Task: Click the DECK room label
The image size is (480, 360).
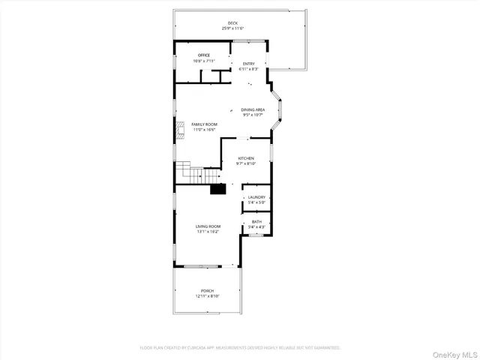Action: point(232,23)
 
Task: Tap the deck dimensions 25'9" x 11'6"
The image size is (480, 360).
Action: point(232,28)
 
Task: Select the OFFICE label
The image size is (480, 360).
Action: point(203,55)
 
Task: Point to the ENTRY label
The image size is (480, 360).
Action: point(248,64)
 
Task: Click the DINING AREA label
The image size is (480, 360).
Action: point(253,109)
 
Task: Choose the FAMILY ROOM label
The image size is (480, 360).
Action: point(204,124)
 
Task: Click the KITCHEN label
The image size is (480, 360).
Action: point(246,158)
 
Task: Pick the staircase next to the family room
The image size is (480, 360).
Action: point(190,176)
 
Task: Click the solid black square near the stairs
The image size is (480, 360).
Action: point(217,189)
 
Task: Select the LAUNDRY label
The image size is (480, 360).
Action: point(256,197)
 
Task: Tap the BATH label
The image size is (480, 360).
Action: point(256,221)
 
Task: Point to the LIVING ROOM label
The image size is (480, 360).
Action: point(208,226)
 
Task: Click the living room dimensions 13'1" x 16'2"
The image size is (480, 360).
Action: point(208,232)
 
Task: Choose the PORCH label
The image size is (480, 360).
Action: point(207,290)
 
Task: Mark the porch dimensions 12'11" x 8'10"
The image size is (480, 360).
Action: point(207,295)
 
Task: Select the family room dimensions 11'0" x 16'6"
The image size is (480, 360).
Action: point(204,129)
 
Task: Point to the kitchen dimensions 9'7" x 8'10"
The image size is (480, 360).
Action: point(246,163)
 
